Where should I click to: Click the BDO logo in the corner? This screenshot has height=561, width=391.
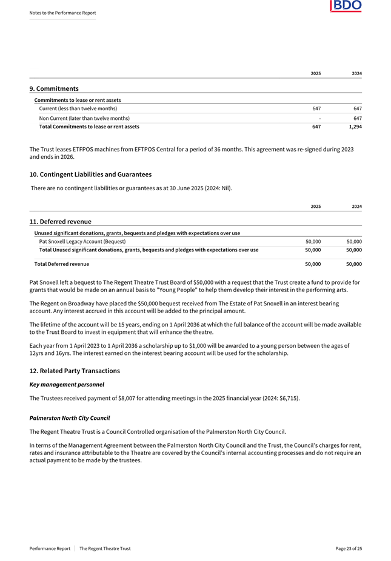pyautogui.click(x=346, y=6)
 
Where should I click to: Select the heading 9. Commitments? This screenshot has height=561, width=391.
pyautogui.click(x=54, y=88)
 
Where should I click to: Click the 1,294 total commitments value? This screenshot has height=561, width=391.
pyautogui.click(x=355, y=127)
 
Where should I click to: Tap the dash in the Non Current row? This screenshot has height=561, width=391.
pyautogui.click(x=319, y=118)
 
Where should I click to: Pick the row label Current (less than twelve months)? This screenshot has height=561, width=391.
pyautogui.click(x=78, y=108)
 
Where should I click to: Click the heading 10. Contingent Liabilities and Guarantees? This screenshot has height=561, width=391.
pyautogui.click(x=90, y=174)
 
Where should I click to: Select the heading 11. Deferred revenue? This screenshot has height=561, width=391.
pyautogui.click(x=60, y=222)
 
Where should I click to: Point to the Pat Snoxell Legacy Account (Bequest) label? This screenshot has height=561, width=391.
pyautogui.click(x=82, y=242)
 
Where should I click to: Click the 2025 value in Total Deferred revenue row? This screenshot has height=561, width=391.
pyautogui.click(x=313, y=264)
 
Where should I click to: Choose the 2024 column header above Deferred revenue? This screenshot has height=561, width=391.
pyautogui.click(x=357, y=207)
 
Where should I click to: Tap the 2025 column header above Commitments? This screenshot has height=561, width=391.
pyautogui.click(x=315, y=73)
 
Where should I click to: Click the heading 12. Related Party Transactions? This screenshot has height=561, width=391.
pyautogui.click(x=75, y=371)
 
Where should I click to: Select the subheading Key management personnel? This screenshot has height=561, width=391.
pyautogui.click(x=67, y=385)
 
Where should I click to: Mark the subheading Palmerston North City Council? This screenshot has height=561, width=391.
pyautogui.click(x=70, y=418)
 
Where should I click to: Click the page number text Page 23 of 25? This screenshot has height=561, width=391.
pyautogui.click(x=349, y=548)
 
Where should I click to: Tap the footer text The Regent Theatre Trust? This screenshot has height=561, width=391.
pyautogui.click(x=105, y=548)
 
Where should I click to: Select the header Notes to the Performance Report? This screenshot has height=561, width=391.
pyautogui.click(x=62, y=13)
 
